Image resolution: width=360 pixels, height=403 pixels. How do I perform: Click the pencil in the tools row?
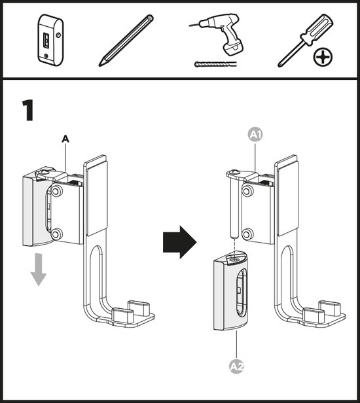pyautogui.click(x=126, y=41)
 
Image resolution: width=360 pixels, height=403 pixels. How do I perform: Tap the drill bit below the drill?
pyautogui.click(x=215, y=64)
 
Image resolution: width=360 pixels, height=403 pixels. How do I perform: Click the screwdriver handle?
pyautogui.click(x=317, y=29)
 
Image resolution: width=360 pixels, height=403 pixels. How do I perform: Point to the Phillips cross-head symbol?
pyautogui.click(x=323, y=58)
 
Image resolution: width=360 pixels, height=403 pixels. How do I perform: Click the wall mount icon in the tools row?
pyautogui.click(x=50, y=40)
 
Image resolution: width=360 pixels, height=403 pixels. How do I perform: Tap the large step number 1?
pyautogui.click(x=28, y=111)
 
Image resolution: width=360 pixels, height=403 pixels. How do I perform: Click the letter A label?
pyautogui.click(x=65, y=139)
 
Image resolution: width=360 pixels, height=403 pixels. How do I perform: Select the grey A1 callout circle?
pyautogui.click(x=255, y=134)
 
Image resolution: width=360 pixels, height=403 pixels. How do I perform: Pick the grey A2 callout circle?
pyautogui.click(x=236, y=366)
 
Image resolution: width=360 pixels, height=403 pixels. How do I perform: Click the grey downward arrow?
pyautogui.click(x=39, y=270)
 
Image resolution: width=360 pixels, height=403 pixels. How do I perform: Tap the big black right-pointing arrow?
pyautogui.click(x=180, y=242)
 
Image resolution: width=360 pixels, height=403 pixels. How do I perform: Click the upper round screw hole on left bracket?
pyautogui.click(x=56, y=191)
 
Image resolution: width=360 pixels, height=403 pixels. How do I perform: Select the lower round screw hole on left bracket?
pyautogui.click(x=56, y=234)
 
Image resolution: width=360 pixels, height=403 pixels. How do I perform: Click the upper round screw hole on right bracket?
pyautogui.click(x=247, y=191)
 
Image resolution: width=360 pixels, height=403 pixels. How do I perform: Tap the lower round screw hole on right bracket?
pyautogui.click(x=247, y=234)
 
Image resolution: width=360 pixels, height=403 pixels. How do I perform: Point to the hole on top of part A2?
pyautogui.click(x=234, y=260)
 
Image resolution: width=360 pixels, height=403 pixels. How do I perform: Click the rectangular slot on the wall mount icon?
pyautogui.click(x=46, y=41)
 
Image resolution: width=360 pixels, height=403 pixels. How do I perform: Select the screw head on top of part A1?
pyautogui.click(x=234, y=172)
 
